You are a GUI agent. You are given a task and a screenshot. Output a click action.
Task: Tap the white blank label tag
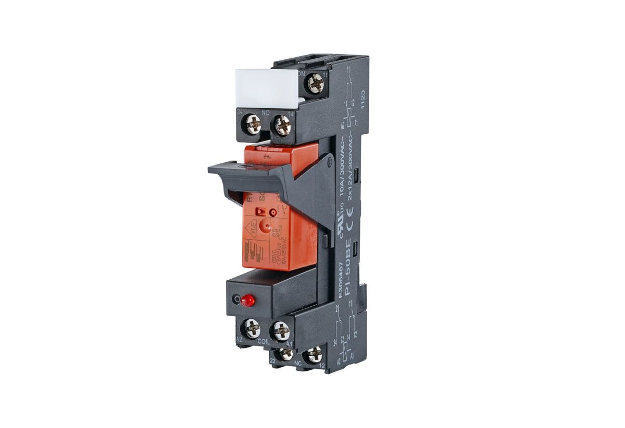[x=267, y=89]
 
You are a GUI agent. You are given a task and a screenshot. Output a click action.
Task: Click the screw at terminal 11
[x=314, y=83]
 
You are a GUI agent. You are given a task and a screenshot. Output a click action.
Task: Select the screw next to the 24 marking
[x=253, y=125]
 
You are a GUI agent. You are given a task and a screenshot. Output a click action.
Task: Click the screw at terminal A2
[x=252, y=329]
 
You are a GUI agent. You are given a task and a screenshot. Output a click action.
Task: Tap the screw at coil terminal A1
[x=280, y=330]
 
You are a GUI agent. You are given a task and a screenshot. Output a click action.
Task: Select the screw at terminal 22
[x=285, y=354]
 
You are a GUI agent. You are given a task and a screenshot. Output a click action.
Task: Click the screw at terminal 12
[x=315, y=356]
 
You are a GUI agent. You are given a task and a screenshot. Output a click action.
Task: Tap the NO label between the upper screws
[x=266, y=111]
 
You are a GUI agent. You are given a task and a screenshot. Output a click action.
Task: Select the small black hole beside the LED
[x=238, y=300]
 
